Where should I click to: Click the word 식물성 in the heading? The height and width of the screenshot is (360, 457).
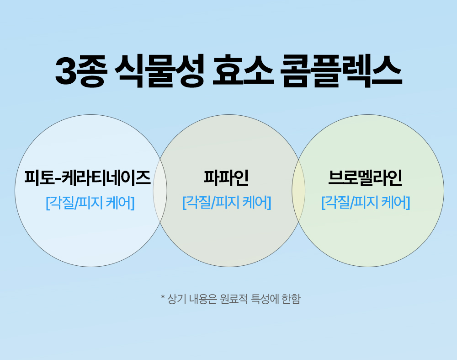click(159, 71)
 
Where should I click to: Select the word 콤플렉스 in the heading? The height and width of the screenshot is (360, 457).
click(341, 71)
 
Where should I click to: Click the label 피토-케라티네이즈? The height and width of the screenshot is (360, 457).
click(87, 177)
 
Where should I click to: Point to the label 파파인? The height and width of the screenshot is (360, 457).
click(227, 177)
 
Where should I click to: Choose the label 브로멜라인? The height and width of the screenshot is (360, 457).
click(365, 177)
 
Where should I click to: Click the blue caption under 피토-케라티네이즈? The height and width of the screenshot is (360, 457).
click(90, 203)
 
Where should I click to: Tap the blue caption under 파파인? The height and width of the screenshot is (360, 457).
click(227, 203)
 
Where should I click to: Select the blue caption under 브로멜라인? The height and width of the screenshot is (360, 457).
click(366, 203)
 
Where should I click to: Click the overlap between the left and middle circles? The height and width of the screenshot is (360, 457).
click(160, 190)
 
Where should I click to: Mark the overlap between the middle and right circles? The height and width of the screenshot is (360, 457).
click(298, 190)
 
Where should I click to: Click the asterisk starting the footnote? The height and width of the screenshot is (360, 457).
click(163, 297)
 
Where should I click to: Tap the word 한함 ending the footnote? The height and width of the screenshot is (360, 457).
click(291, 299)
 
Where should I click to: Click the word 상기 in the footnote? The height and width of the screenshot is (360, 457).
click(177, 299)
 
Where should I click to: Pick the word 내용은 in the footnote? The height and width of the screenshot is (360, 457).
click(203, 299)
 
